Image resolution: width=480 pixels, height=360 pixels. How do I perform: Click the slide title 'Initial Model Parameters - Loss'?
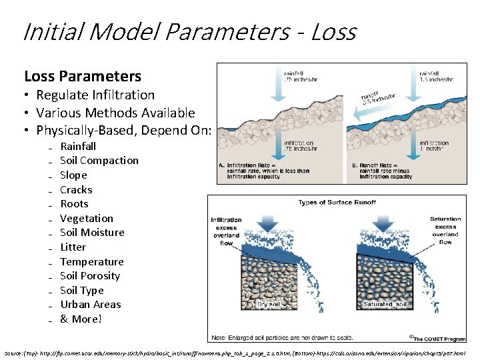(x=189, y=31)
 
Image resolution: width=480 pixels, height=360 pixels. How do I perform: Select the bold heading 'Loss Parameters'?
(x=83, y=77)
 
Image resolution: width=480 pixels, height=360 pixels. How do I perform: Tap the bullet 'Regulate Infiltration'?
(x=95, y=95)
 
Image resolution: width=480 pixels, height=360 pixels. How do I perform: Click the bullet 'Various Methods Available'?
(x=115, y=113)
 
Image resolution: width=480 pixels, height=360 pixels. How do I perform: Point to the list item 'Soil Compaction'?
(x=99, y=161)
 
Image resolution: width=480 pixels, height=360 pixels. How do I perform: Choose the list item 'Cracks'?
(x=76, y=190)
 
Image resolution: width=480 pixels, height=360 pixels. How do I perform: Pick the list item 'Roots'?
(x=74, y=204)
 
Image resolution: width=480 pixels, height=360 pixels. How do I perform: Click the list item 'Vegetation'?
(x=87, y=219)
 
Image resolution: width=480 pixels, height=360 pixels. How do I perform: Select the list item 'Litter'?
(x=73, y=247)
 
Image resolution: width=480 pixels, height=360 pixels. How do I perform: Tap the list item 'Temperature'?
(x=92, y=262)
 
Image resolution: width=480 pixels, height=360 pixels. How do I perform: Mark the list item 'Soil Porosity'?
(x=90, y=276)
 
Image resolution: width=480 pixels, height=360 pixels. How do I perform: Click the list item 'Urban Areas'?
(x=91, y=305)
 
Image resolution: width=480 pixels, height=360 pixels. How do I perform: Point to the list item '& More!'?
(x=81, y=319)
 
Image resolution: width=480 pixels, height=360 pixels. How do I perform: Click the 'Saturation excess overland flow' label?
(x=445, y=231)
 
